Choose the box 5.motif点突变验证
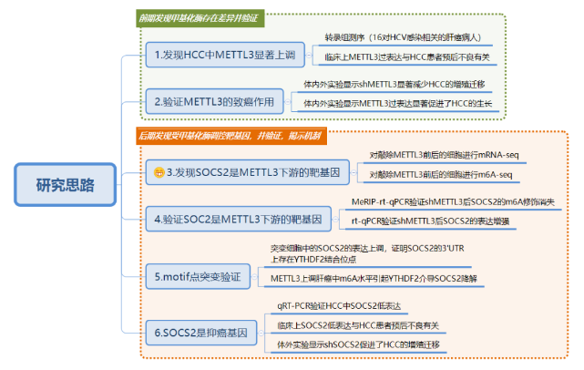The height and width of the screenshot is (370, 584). [200, 275]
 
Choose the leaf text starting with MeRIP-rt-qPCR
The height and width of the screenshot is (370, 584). [452, 201]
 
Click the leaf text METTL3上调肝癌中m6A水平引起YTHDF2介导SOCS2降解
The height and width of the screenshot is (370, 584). [374, 277]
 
